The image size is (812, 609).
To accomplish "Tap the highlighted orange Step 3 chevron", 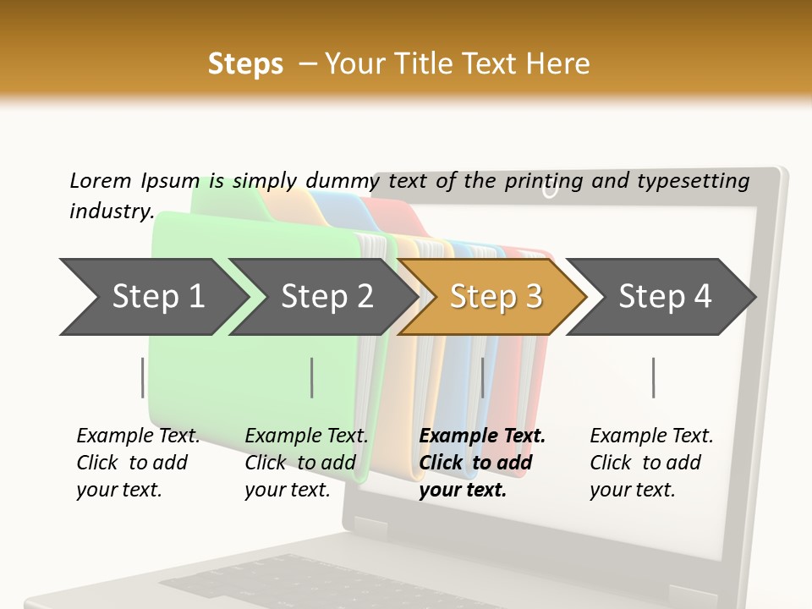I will (495, 297).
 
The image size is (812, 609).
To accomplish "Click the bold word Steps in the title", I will (245, 63).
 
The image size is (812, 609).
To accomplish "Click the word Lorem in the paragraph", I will (100, 180).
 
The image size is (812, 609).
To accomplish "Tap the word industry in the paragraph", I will (110, 211).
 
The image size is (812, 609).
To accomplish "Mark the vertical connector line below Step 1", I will (142, 377).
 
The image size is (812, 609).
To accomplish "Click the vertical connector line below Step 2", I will (312, 377).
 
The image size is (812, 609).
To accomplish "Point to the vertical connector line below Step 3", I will (482, 377).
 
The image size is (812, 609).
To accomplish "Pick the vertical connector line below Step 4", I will (653, 377).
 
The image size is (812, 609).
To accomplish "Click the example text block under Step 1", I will (138, 463).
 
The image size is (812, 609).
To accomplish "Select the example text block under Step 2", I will (306, 463).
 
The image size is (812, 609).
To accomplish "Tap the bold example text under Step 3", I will (481, 463).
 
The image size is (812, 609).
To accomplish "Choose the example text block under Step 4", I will (650, 463).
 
